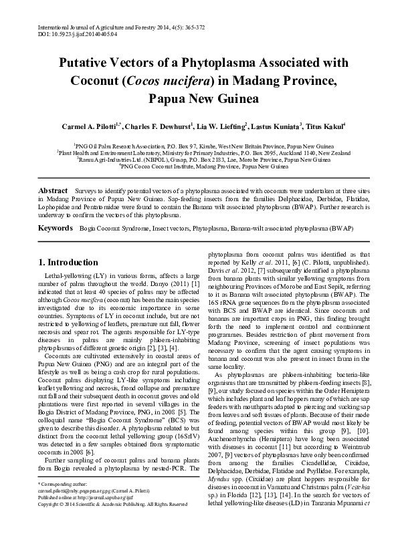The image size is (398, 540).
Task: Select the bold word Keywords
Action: click(x=55, y=229)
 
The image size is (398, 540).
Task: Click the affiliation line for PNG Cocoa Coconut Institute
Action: click(x=199, y=166)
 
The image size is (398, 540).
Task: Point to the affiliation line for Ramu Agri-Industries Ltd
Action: click(x=199, y=159)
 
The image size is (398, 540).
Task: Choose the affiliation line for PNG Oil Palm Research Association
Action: click(x=199, y=145)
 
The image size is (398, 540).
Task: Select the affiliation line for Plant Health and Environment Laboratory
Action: click(x=199, y=152)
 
